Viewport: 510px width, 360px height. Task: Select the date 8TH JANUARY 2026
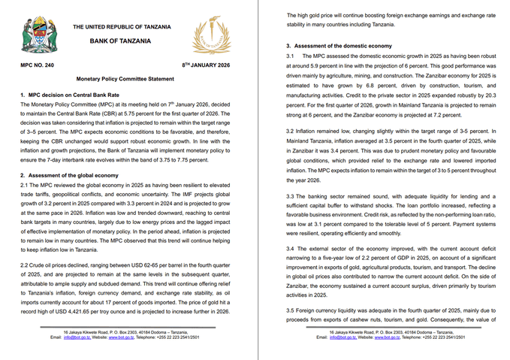(x=207, y=66)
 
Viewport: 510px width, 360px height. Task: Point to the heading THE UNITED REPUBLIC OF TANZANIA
(x=121, y=27)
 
